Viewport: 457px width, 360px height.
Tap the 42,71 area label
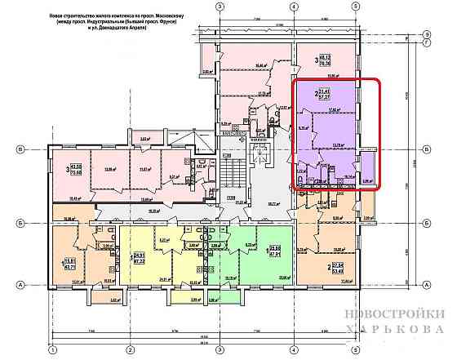[x=70, y=266]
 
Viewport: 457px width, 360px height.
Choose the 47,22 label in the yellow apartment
[x=140, y=259]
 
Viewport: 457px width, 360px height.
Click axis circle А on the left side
[x=20, y=284]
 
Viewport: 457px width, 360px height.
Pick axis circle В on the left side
[x=20, y=148]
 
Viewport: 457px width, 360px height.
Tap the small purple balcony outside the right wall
[x=367, y=162]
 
